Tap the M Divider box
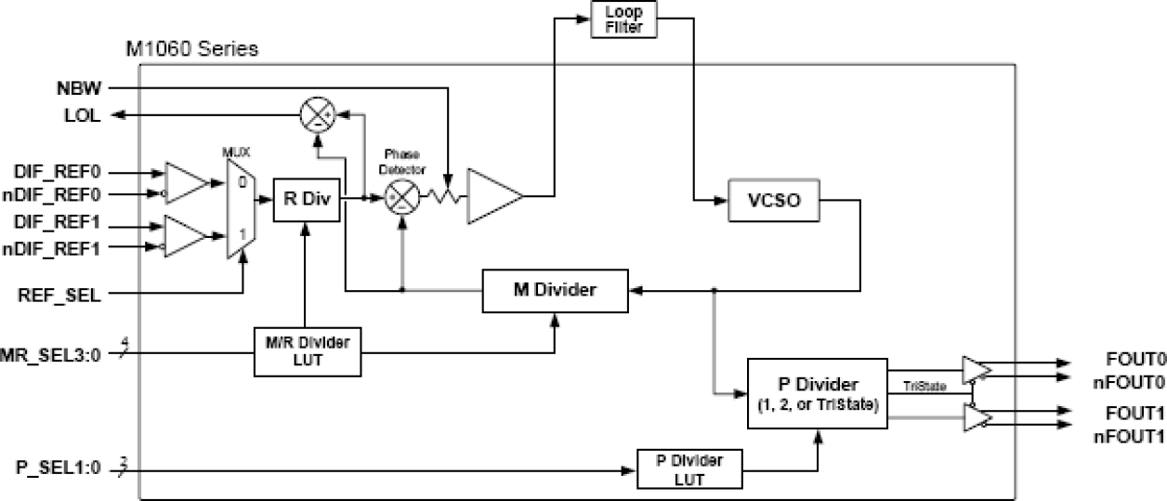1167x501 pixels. (554, 291)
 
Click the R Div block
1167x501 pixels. (304, 199)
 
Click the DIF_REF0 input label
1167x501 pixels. (59, 172)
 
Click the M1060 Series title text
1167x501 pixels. (193, 48)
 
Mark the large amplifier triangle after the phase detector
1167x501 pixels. (492, 196)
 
